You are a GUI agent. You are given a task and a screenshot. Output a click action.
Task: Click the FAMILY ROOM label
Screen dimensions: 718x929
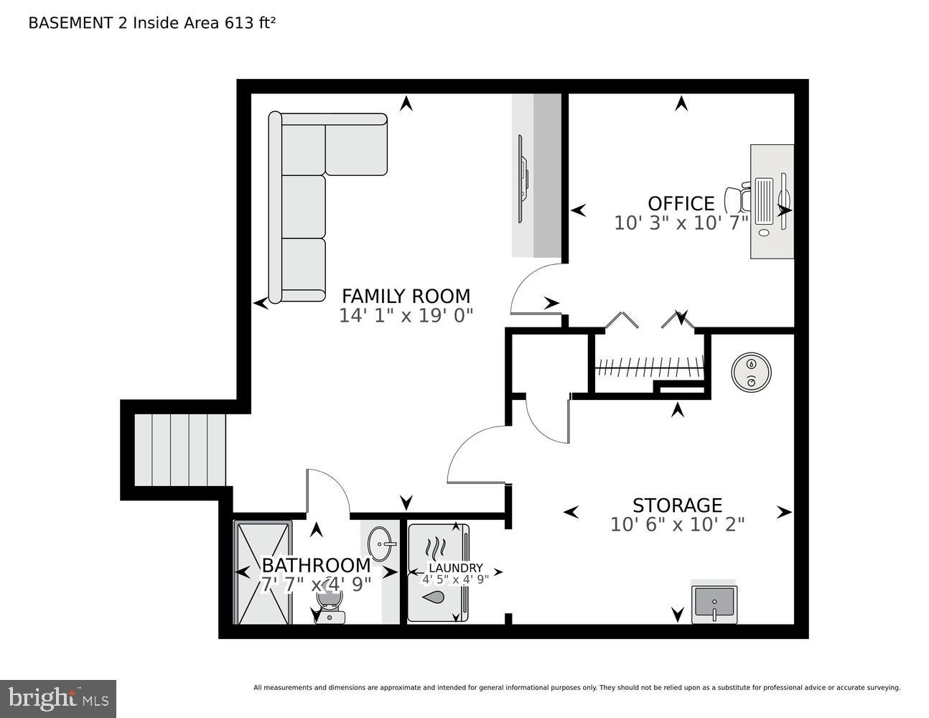(406, 296)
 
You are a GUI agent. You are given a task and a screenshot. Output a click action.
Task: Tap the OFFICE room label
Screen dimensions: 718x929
(681, 203)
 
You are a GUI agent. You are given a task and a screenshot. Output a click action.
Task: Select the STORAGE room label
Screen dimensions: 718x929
(676, 505)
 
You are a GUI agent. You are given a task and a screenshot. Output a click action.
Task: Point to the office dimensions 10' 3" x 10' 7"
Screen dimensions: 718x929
(681, 223)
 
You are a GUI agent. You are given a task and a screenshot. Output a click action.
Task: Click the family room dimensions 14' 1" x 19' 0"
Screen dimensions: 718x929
(406, 316)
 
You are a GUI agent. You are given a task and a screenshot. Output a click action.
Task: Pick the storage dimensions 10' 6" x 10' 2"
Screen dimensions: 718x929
(676, 525)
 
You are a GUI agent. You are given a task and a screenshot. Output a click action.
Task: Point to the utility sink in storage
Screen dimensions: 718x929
(714, 604)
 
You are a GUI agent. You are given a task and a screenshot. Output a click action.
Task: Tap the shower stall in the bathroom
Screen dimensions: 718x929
(263, 572)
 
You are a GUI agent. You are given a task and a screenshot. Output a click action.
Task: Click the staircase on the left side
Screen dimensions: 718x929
(180, 449)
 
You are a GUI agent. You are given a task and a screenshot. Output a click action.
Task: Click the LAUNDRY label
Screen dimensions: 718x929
(455, 568)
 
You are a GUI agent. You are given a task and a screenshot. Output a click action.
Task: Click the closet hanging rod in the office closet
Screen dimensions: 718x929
(648, 368)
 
